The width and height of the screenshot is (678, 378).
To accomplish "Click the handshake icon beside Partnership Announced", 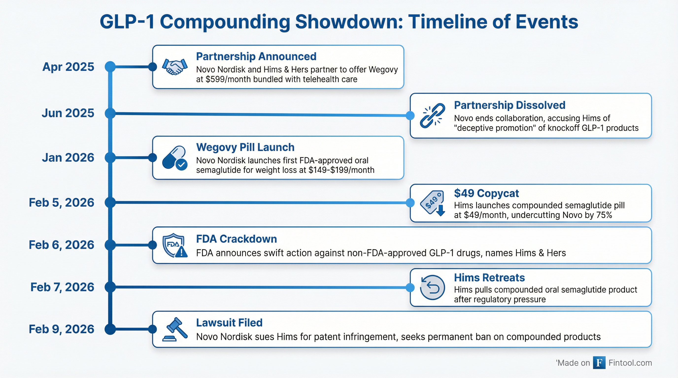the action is (x=175, y=66).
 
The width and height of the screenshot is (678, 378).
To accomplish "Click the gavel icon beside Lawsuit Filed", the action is (x=175, y=329).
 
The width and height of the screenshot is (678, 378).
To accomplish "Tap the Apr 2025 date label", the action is (x=68, y=67).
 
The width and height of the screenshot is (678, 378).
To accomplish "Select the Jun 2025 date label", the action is (x=68, y=113).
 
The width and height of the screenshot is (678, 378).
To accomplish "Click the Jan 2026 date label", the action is (x=68, y=158).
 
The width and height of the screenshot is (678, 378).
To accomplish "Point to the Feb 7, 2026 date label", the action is (x=62, y=287).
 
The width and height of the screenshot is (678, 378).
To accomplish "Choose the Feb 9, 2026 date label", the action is (x=62, y=329).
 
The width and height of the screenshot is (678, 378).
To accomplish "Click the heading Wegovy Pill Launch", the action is (x=245, y=147).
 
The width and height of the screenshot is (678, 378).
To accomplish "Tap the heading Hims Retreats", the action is (x=489, y=278).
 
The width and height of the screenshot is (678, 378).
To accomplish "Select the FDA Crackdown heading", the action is (x=237, y=239).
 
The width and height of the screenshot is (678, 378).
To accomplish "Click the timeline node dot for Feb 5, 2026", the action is (x=110, y=202).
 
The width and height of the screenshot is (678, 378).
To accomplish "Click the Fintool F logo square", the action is (x=599, y=363).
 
